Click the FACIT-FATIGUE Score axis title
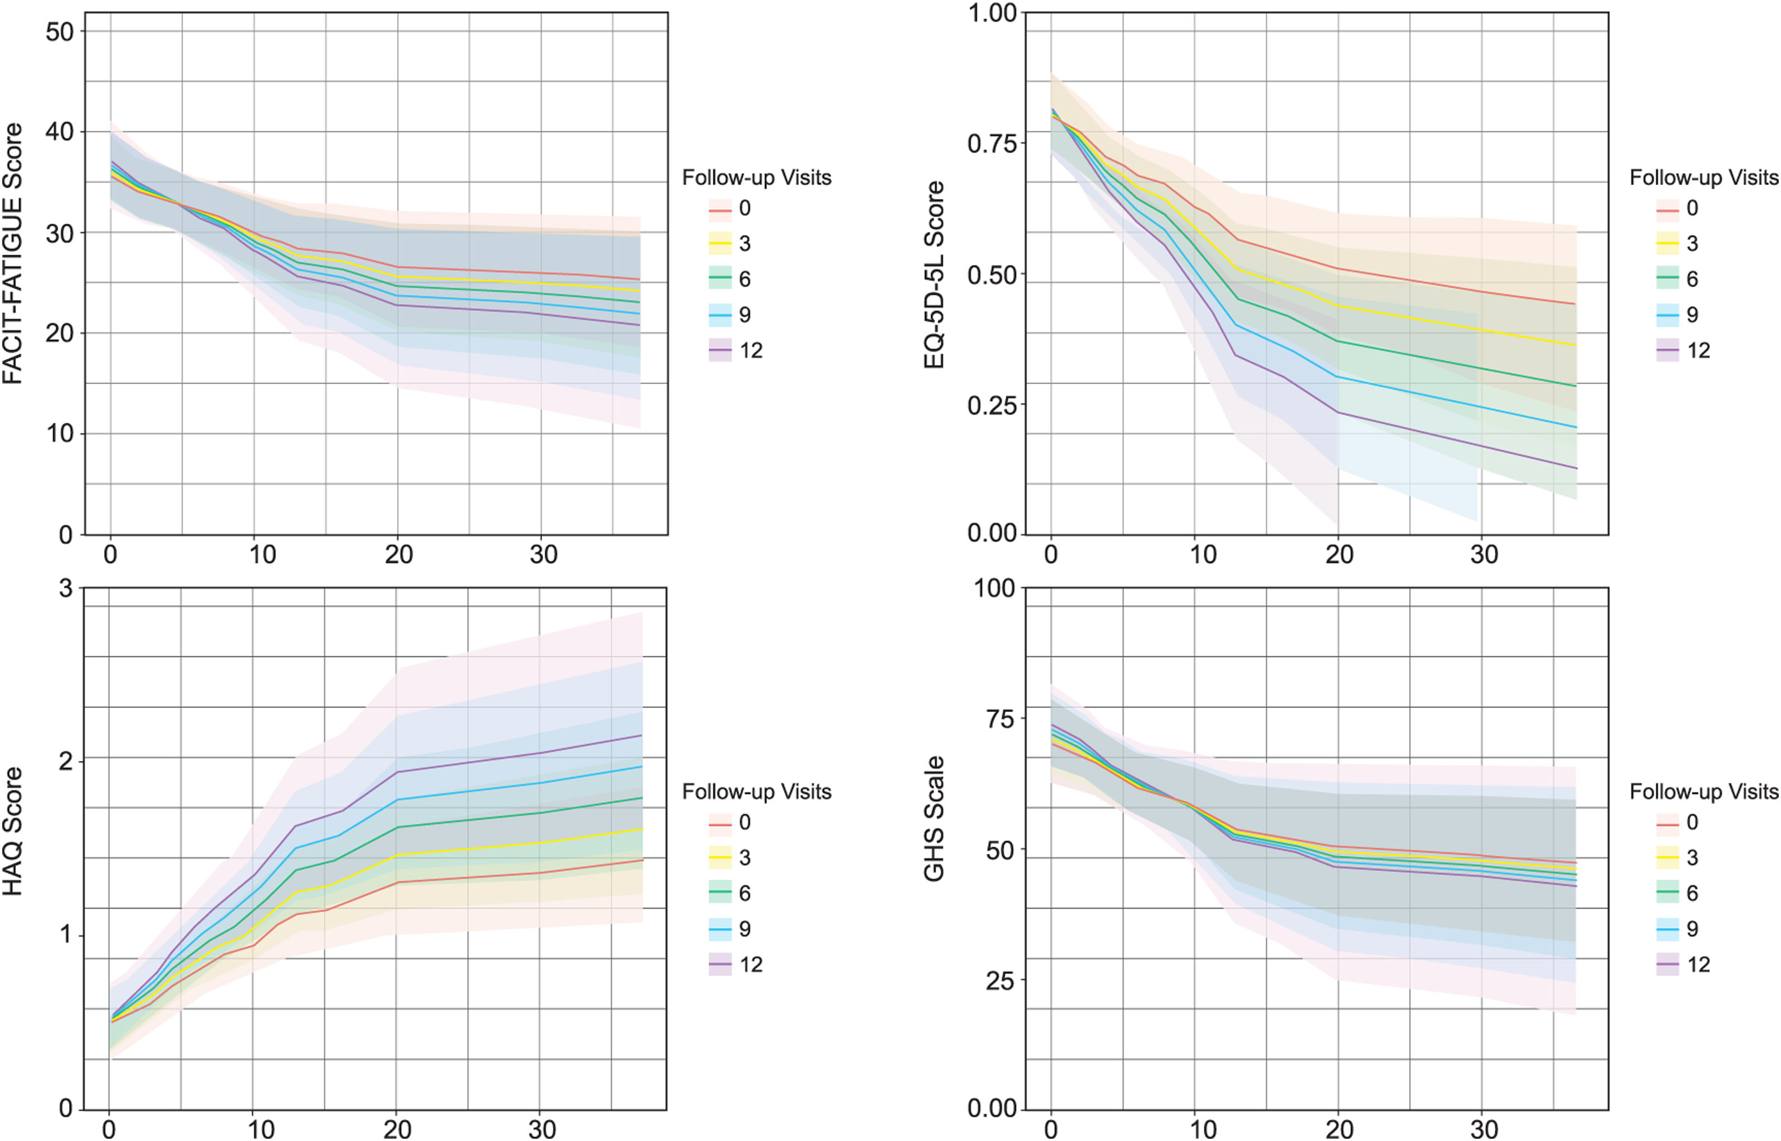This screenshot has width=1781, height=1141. pyautogui.click(x=13, y=253)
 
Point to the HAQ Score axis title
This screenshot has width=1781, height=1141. pyautogui.click(x=13, y=832)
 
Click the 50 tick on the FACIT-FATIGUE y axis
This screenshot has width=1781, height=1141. pyautogui.click(x=59, y=32)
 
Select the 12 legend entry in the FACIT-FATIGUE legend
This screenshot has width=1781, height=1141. pyautogui.click(x=736, y=350)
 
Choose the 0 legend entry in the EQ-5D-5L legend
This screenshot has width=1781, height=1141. pyautogui.click(x=1677, y=208)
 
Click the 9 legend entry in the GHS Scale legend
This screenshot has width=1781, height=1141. pyautogui.click(x=1677, y=929)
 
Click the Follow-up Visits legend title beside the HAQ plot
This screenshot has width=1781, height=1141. pyautogui.click(x=756, y=792)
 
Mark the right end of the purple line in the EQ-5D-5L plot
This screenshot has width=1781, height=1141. pyautogui.click(x=1576, y=468)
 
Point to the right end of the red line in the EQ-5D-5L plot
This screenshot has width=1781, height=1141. pyautogui.click(x=1576, y=304)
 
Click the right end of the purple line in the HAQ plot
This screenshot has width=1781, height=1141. pyautogui.click(x=641, y=735)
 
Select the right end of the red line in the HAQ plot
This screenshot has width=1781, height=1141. pyautogui.click(x=641, y=860)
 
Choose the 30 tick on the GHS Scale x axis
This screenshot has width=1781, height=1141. pyautogui.click(x=1484, y=1129)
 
